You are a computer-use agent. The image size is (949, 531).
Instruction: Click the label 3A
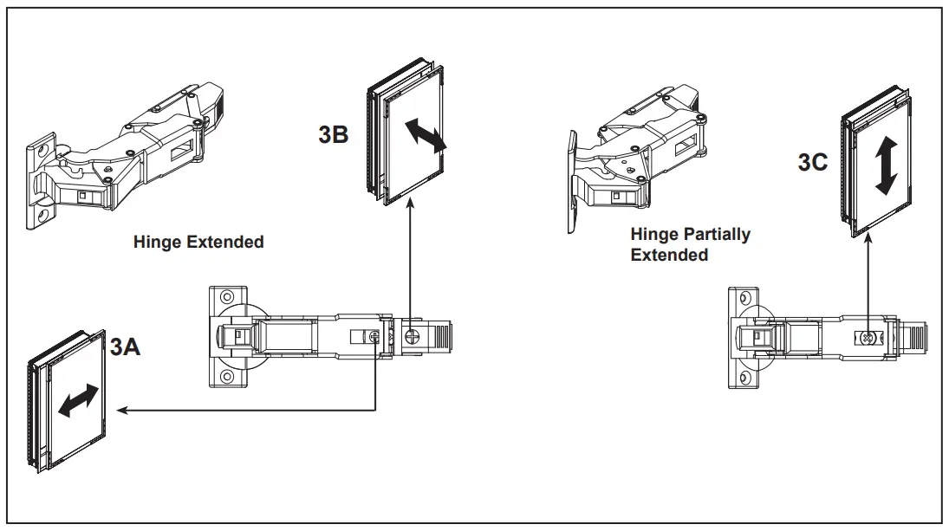point(124,348)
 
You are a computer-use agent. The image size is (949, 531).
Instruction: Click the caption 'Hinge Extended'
point(198,243)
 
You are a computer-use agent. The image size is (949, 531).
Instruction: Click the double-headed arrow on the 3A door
point(78,400)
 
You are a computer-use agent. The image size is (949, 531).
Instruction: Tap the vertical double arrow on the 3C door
point(886,167)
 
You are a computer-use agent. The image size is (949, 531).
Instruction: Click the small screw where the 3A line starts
point(374,336)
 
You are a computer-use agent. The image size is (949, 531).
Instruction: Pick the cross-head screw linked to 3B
point(413,333)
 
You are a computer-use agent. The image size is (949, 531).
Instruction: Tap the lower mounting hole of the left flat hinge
point(226,377)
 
